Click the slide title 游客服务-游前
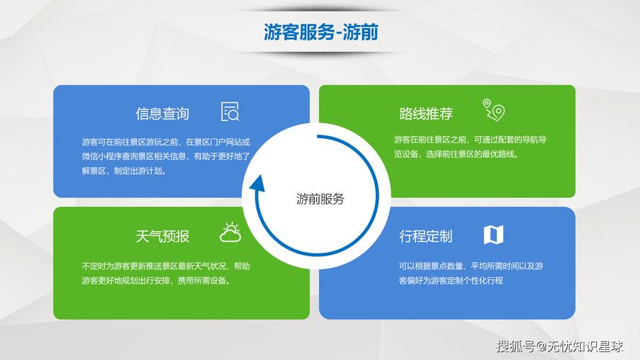pyautogui.click(x=320, y=32)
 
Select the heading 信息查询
pyautogui.click(x=162, y=114)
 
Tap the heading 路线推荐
pyautogui.click(x=426, y=114)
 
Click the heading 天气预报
pyautogui.click(x=162, y=236)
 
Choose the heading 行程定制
pyautogui.click(x=426, y=236)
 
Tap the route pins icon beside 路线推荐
pyautogui.click(x=494, y=110)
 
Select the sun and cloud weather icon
pyautogui.click(x=230, y=233)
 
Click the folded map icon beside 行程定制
pyautogui.click(x=494, y=235)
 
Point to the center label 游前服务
pyautogui.click(x=320, y=199)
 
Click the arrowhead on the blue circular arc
pyautogui.click(x=257, y=184)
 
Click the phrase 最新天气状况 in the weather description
pyautogui.click(x=205, y=266)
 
